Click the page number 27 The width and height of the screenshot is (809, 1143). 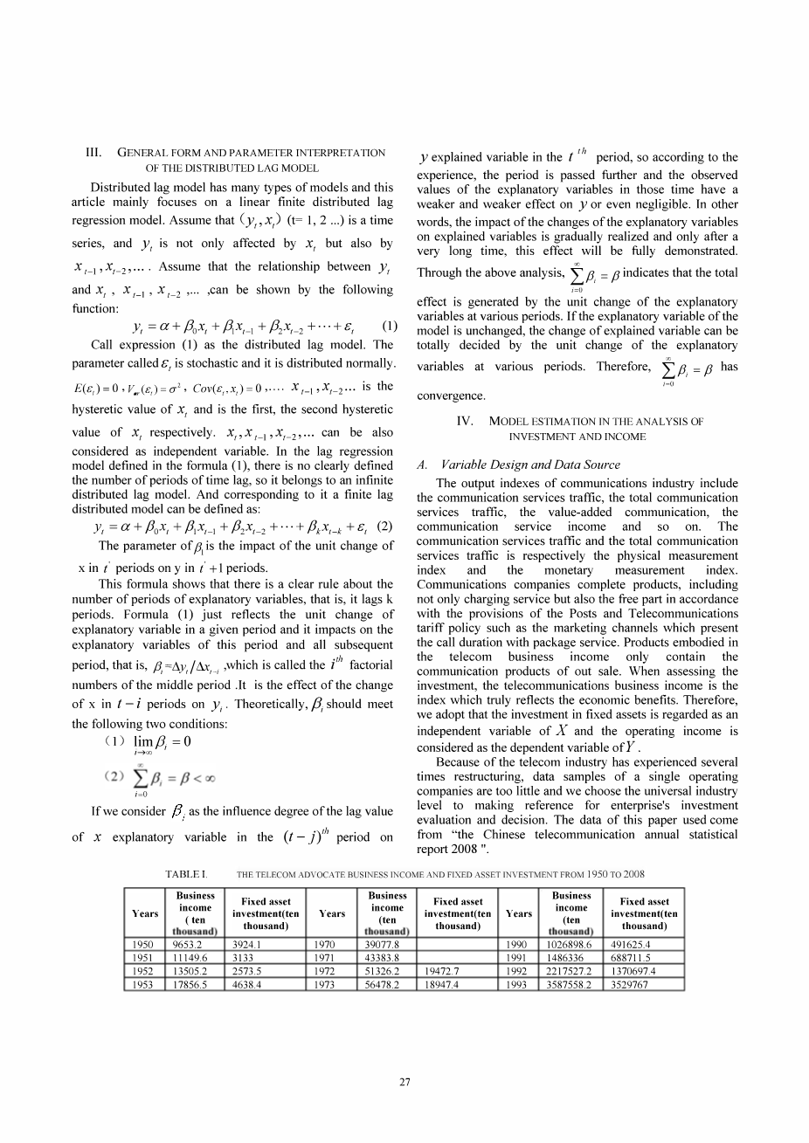[x=404, y=1084]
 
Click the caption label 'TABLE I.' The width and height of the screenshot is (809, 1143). [x=185, y=874]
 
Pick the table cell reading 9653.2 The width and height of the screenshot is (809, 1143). [x=147, y=944]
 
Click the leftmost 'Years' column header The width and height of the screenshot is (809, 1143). [x=145, y=913]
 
